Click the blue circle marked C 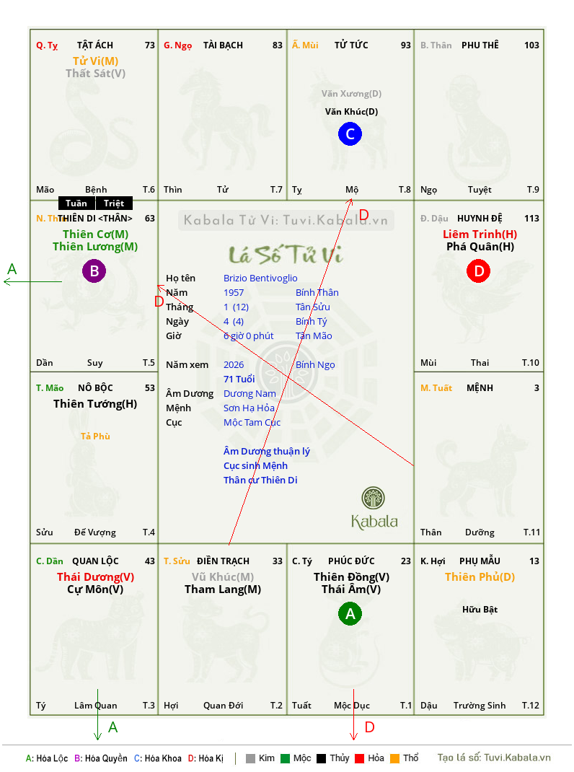[x=350, y=134]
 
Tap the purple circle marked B [x=94, y=271]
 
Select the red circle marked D [x=478, y=271]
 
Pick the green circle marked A [x=350, y=614]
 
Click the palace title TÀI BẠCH [x=223, y=45]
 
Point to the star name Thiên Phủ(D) [x=480, y=577]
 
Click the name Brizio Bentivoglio [x=260, y=278]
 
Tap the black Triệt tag [x=114, y=203]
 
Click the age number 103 [x=531, y=45]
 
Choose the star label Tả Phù [x=95, y=437]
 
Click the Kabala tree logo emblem [x=374, y=498]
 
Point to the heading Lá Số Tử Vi [x=286, y=255]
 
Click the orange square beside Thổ [x=394, y=758]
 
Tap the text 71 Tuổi [x=239, y=380]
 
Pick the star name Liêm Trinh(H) [x=480, y=234]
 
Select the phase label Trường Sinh [x=480, y=706]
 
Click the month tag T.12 [x=531, y=706]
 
